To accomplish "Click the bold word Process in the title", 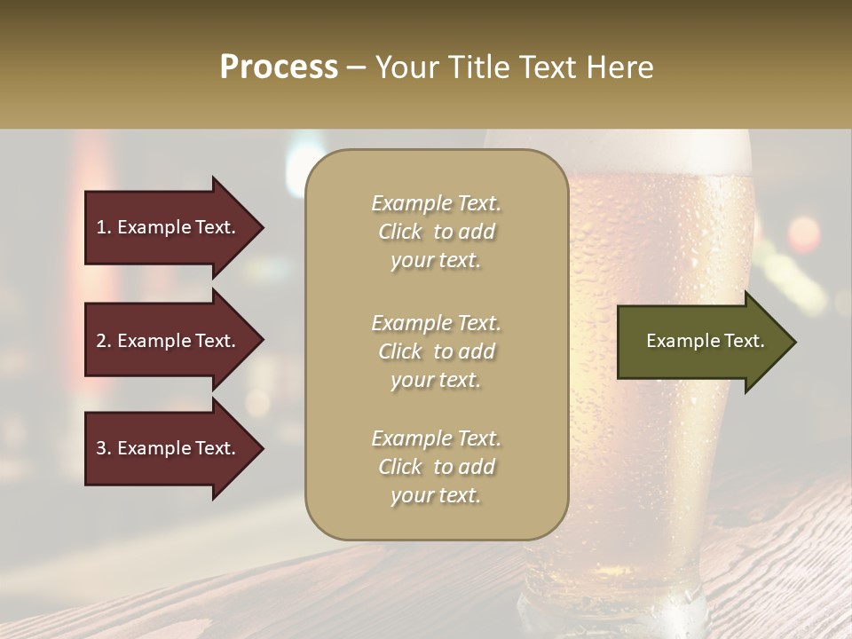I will (x=279, y=67).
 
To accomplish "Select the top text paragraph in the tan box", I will (x=436, y=232).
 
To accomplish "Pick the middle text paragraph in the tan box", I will (x=436, y=351).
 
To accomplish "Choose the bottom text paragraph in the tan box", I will (x=436, y=467).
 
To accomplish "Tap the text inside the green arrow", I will (x=705, y=341).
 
